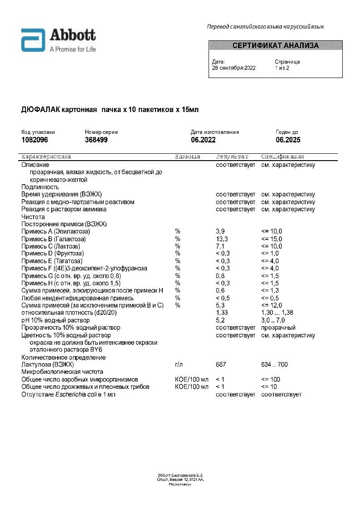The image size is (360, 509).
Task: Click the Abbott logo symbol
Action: click(33, 40)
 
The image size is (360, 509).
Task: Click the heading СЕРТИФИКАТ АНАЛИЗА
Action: click(275, 46)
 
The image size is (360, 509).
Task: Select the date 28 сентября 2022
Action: click(234, 68)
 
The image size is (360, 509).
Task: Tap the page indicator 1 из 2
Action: click(282, 68)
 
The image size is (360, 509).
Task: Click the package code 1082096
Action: click(35, 140)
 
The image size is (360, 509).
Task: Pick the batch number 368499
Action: click(96, 140)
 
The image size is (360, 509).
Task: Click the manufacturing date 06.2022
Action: click(203, 140)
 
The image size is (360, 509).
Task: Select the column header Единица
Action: click(187, 157)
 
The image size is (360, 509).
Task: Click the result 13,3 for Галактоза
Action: click(222, 239)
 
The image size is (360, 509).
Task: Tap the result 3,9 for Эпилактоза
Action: click(220, 232)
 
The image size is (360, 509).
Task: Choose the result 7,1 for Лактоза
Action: click(220, 246)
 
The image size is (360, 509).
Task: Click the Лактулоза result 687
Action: click(221, 365)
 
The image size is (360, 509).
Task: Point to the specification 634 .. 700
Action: click(274, 365)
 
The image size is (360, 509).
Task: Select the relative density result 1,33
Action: click(222, 313)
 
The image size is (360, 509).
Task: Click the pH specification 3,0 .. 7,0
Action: click(273, 320)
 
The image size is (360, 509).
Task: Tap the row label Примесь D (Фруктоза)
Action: click(53, 254)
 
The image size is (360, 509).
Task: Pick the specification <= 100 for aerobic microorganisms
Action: click(271, 379)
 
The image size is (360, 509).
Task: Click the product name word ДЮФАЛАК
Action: click(43, 110)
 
